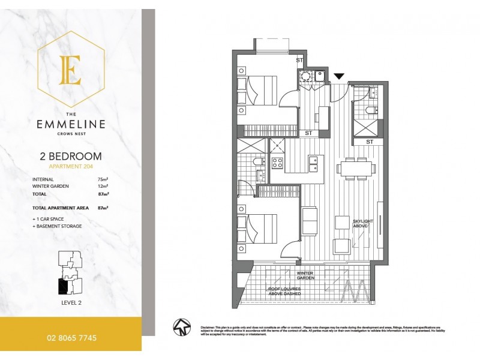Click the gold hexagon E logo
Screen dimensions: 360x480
71,70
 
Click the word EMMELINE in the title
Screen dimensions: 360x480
71,125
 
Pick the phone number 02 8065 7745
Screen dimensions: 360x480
71,338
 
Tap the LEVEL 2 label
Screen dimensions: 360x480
71,302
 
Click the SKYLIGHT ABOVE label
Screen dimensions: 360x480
363,224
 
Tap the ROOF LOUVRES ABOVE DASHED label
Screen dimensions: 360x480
284,292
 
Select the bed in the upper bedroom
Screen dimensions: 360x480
258,91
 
